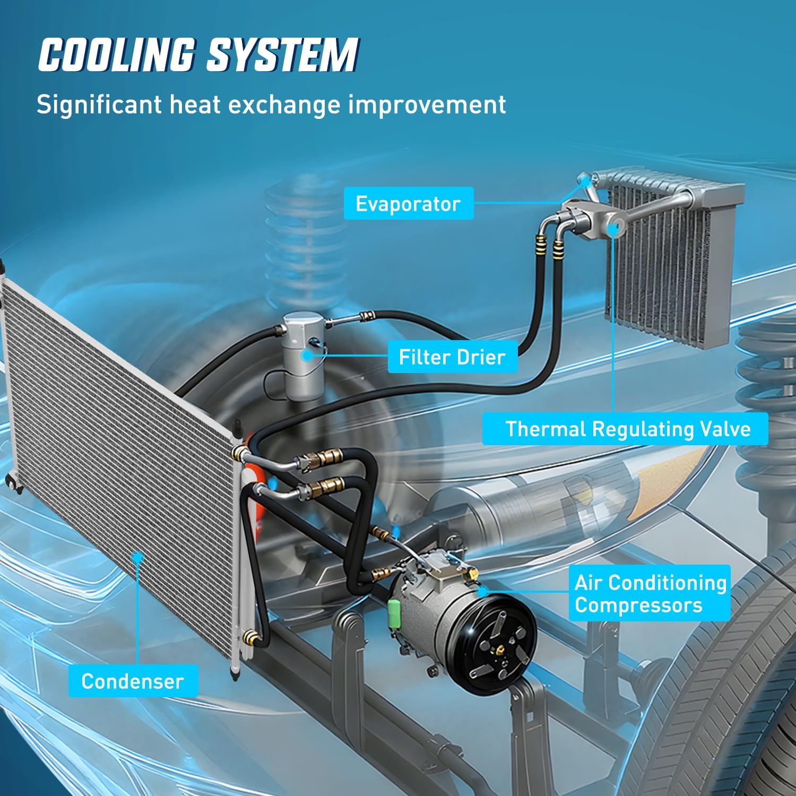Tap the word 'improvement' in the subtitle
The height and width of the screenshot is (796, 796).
point(428,105)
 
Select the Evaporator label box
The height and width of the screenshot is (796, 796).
point(408,203)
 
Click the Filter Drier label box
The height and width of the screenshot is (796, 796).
point(452,357)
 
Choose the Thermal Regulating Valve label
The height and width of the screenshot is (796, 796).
point(625,429)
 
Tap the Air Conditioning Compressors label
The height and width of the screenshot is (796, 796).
point(650,593)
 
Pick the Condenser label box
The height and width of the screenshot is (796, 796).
point(133,681)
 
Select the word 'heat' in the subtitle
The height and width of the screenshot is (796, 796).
point(193,105)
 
